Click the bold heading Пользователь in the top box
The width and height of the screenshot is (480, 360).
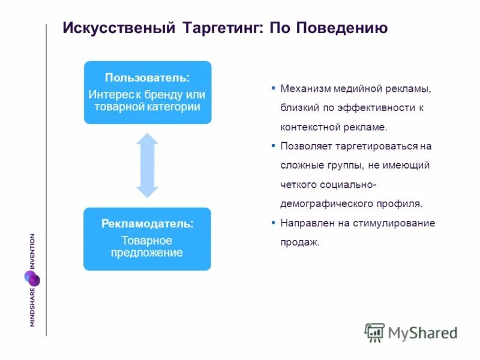(x=146, y=78)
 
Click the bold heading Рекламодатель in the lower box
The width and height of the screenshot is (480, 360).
(x=147, y=224)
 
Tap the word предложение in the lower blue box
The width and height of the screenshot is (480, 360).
(x=147, y=253)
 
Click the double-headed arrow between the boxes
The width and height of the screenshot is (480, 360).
(x=147, y=165)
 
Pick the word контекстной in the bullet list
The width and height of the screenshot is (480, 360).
(x=307, y=127)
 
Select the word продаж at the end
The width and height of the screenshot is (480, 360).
(x=298, y=242)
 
